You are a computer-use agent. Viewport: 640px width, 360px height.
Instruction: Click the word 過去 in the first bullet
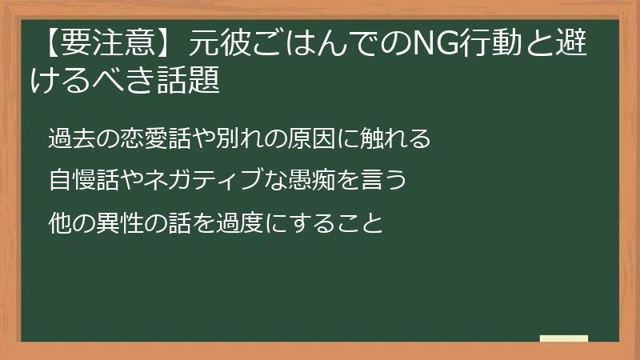[x=69, y=138]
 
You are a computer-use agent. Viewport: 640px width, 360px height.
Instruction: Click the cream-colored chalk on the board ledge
[x=564, y=338]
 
